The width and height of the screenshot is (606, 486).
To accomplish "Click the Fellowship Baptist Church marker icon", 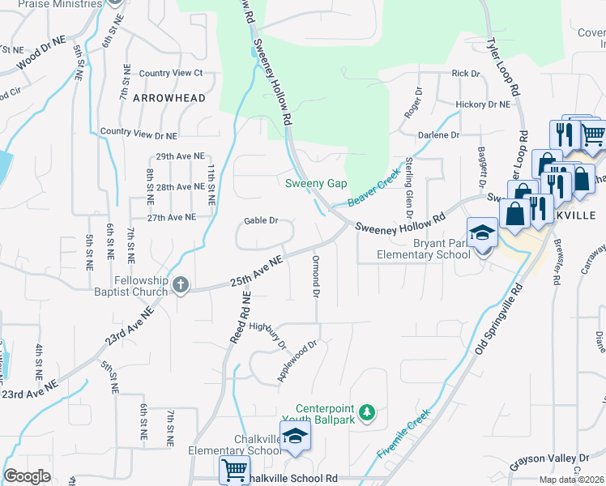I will [x=180, y=284].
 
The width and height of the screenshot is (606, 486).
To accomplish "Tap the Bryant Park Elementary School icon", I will [x=482, y=232].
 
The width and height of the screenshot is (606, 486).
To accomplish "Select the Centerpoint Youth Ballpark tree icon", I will [x=367, y=413].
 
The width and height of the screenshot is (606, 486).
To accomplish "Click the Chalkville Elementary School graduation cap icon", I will [x=296, y=437].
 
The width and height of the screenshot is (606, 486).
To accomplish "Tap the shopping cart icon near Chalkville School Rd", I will [x=234, y=469].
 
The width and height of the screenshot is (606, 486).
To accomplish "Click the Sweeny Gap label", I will [x=316, y=184].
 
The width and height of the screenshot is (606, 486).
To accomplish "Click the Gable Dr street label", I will [x=262, y=220].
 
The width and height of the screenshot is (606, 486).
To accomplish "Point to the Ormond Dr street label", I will [x=314, y=277].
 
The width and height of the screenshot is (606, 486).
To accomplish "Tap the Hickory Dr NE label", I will [x=483, y=104].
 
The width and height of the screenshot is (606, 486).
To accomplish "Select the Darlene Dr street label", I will [x=438, y=134].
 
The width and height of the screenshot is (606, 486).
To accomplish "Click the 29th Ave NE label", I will [x=178, y=156].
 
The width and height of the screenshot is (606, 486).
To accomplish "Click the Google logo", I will [x=27, y=476].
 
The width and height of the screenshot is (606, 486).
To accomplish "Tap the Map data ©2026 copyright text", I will [x=570, y=480].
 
